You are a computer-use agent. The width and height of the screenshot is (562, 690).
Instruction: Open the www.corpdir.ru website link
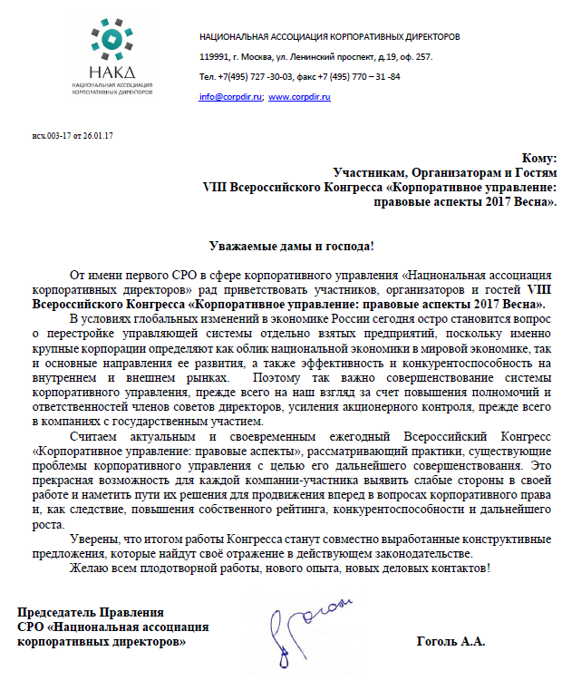tap(299, 96)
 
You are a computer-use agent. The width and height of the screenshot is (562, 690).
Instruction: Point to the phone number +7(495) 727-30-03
tap(248, 76)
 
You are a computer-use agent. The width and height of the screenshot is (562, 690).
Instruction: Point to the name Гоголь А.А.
tap(451, 642)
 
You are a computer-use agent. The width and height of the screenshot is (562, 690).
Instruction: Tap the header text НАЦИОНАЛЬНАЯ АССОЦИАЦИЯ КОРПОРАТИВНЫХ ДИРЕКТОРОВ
tap(329, 36)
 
